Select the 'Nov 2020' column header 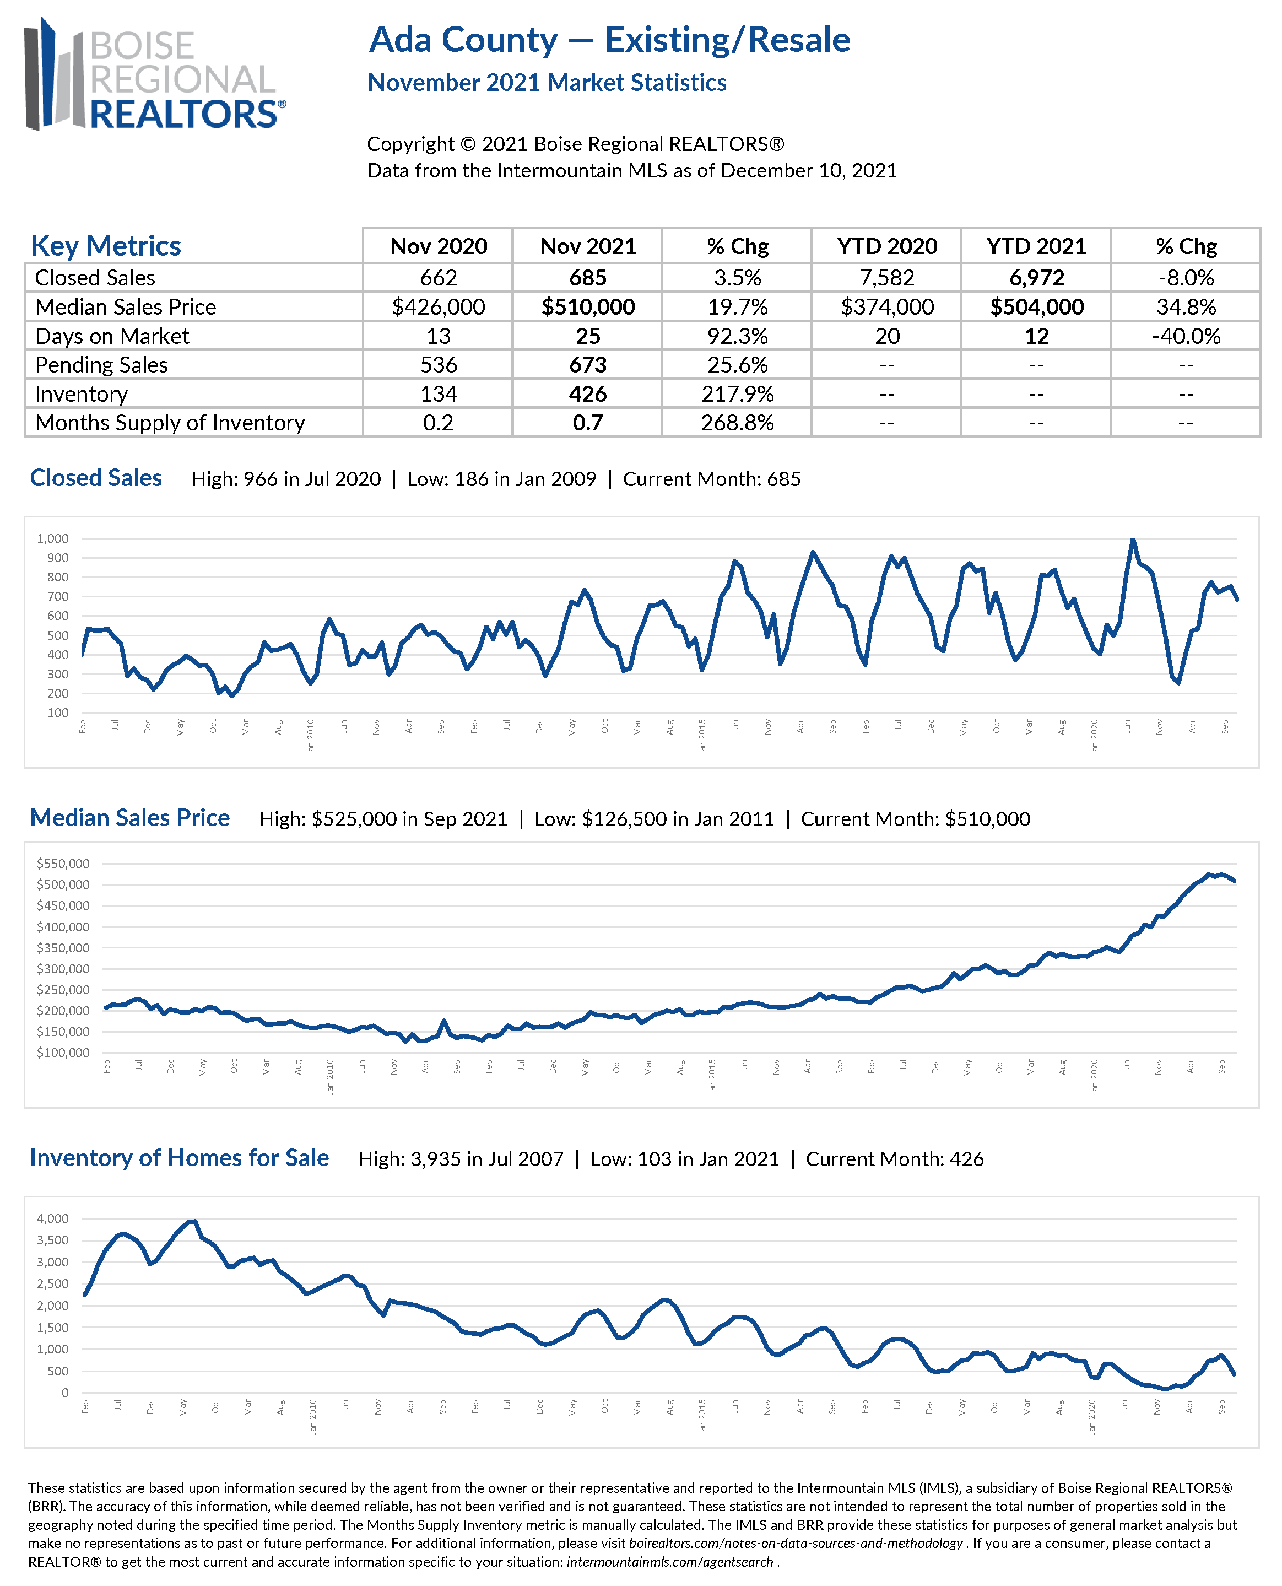click(x=438, y=246)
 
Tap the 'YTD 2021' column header click(x=1036, y=246)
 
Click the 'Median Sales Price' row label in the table click(x=126, y=306)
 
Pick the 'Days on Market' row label click(x=112, y=336)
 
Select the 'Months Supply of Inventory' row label click(x=170, y=423)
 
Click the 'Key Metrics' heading click(x=106, y=246)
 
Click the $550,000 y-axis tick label click(x=63, y=864)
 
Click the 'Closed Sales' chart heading click(x=96, y=478)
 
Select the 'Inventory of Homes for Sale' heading click(x=180, y=1158)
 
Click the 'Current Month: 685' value click(x=712, y=479)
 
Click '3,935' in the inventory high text click(x=437, y=1159)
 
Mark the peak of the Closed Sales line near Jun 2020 click(x=1133, y=540)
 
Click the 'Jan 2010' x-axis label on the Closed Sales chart click(x=310, y=736)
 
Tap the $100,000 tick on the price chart click(x=63, y=1053)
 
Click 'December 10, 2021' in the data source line click(x=809, y=171)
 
